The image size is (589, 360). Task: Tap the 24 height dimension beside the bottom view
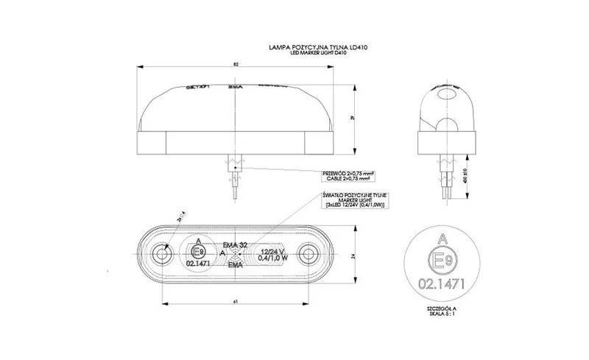coord(353,256)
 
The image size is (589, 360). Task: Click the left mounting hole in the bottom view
coord(161,256)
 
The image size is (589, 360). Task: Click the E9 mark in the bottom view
coord(197,251)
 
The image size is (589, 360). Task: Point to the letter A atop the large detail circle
coord(442,238)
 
